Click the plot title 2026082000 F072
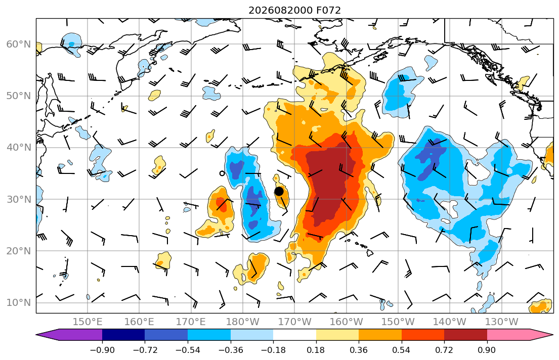[x=294, y=10]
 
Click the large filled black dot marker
[x=279, y=192]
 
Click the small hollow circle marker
[x=222, y=173]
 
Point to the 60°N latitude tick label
[x=19, y=44]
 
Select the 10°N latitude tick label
[x=19, y=303]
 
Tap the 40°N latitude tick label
[x=19, y=148]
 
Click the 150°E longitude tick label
[x=88, y=322]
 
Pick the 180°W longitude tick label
[x=243, y=322]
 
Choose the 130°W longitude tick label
[x=502, y=322]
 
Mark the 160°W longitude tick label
[x=346, y=322]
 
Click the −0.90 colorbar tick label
[x=102, y=350]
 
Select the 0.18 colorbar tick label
[x=316, y=350]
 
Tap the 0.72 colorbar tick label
[x=444, y=350]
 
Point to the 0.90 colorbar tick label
[x=487, y=350]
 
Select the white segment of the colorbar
[x=295, y=335]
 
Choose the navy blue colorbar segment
[x=123, y=335]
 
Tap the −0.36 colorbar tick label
[x=230, y=350]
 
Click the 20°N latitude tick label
[x=19, y=251]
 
